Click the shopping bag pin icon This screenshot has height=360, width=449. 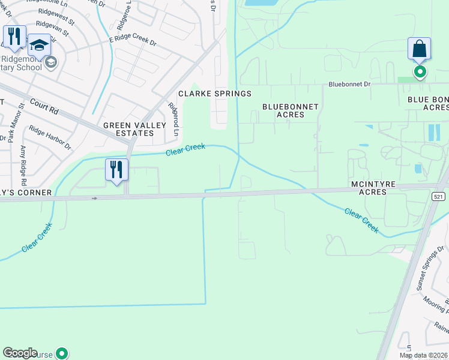(x=419, y=49)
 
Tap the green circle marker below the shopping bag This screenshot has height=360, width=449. (x=420, y=73)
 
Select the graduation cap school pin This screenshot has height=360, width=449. (x=40, y=46)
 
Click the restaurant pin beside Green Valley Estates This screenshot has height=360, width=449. (x=117, y=169)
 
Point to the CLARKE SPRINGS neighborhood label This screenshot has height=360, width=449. (x=214, y=94)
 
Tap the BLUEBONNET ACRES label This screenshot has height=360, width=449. (x=291, y=110)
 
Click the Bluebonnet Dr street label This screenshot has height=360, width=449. (x=349, y=85)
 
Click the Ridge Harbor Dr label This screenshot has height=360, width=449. (x=50, y=137)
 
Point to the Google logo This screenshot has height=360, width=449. (x=20, y=353)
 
